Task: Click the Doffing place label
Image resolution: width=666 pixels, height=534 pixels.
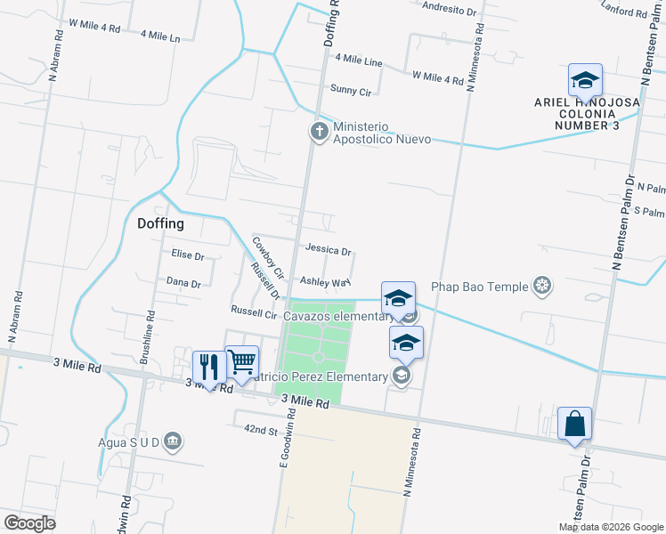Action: (x=160, y=224)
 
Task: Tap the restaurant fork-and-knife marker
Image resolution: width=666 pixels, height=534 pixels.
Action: (x=209, y=367)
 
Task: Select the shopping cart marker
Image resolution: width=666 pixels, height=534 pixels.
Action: (x=241, y=361)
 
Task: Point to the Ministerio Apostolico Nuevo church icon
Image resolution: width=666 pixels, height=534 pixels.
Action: (x=319, y=133)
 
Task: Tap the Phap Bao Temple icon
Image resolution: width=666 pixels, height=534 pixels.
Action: (x=542, y=287)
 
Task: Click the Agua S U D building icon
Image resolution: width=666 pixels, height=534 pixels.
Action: (x=173, y=440)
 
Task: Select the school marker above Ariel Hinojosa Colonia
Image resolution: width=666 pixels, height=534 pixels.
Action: (x=585, y=81)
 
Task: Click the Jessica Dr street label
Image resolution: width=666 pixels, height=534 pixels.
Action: (x=328, y=251)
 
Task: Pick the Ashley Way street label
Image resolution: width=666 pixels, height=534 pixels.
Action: (x=322, y=283)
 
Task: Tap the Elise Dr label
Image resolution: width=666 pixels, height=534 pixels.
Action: (x=188, y=255)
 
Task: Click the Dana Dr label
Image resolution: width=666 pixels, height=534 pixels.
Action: (x=183, y=282)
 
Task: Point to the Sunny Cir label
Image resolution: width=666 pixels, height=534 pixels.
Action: (x=351, y=90)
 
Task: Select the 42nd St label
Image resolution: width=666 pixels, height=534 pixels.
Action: (x=262, y=430)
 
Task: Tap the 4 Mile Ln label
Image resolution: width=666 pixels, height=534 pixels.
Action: (x=160, y=36)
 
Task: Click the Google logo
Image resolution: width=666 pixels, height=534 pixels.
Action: (x=30, y=522)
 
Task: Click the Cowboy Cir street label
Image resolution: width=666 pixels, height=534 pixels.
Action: (x=267, y=255)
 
